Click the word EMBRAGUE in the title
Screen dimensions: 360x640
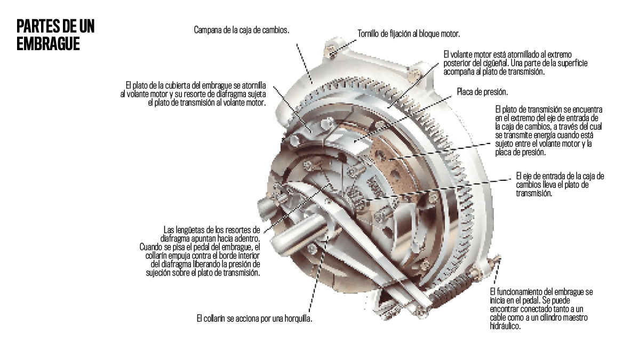click(x=48, y=44)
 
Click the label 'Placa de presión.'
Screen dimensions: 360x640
click(x=482, y=91)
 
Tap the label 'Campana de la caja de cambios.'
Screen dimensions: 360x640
click(x=241, y=30)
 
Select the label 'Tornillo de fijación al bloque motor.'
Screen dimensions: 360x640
click(x=408, y=34)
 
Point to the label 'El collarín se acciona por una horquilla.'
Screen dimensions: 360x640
click(x=254, y=318)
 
